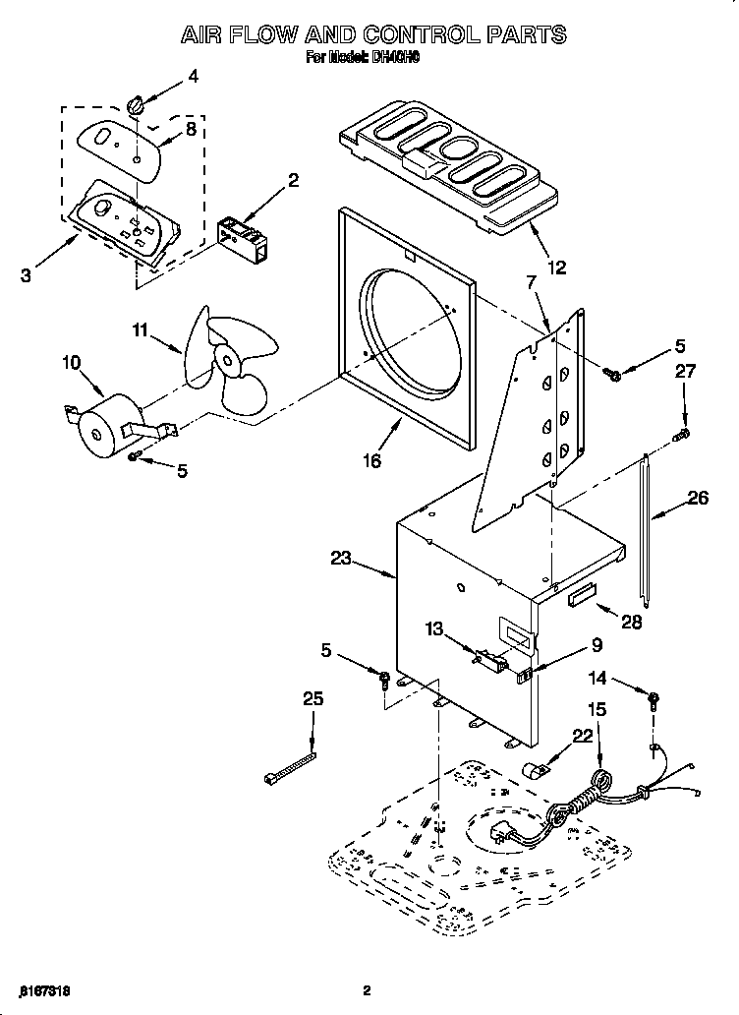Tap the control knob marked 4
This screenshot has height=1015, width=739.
(137, 104)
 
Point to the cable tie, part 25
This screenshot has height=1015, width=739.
(290, 766)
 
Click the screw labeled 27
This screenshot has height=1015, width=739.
(680, 434)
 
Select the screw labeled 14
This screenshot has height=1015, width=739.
(652, 701)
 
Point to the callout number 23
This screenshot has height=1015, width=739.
(341, 558)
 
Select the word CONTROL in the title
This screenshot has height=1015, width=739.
(406, 34)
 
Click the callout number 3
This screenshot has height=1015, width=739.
(26, 276)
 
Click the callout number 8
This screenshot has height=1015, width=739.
(191, 128)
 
